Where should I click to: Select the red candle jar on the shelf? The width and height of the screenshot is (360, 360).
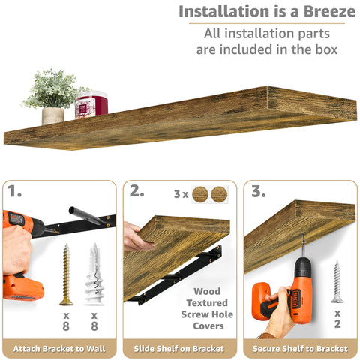(x=91, y=105)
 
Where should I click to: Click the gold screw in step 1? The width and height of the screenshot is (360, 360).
(x=66, y=273)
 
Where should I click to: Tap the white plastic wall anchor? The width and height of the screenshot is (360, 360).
(x=94, y=273)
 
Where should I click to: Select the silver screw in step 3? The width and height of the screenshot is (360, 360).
(x=337, y=280)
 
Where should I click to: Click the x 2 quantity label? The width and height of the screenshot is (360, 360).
(x=337, y=318)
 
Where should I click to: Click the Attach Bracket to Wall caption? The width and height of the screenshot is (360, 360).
(x=59, y=349)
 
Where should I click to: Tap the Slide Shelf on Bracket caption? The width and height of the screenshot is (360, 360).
(x=180, y=349)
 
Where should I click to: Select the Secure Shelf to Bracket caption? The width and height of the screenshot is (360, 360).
(x=300, y=349)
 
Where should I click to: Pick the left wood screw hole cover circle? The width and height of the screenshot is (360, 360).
(x=200, y=194)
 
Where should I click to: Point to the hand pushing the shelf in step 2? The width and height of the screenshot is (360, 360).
(x=135, y=236)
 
